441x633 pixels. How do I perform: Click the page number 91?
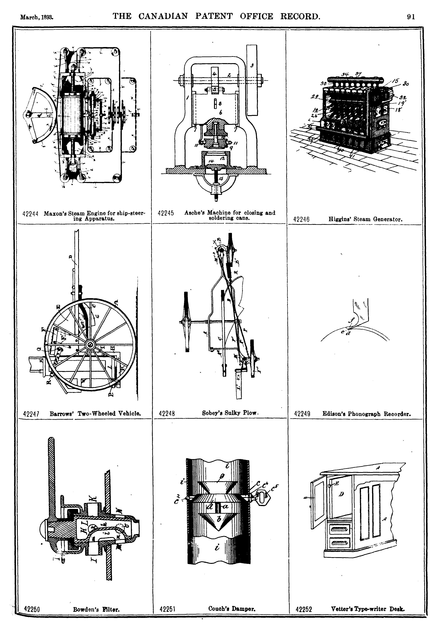[x=411, y=17]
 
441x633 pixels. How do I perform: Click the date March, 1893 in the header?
[x=37, y=17]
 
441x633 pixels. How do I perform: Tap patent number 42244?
[x=30, y=214]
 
